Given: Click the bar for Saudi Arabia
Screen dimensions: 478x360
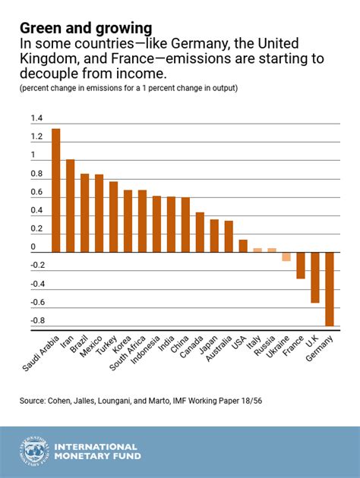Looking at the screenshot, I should coord(55,190).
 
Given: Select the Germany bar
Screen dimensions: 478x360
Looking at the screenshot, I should coord(330,288).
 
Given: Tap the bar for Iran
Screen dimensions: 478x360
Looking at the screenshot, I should coord(70,205).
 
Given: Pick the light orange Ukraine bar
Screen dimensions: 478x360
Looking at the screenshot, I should coord(286,256).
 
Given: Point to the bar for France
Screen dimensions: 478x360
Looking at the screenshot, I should coord(301,265).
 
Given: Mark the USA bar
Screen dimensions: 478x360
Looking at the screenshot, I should coord(243,245).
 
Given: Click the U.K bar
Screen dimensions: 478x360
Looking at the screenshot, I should coord(315,277).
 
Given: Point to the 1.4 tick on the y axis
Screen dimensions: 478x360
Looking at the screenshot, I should coord(37,118).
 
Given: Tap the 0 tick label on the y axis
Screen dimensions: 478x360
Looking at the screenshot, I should coord(33,247).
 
